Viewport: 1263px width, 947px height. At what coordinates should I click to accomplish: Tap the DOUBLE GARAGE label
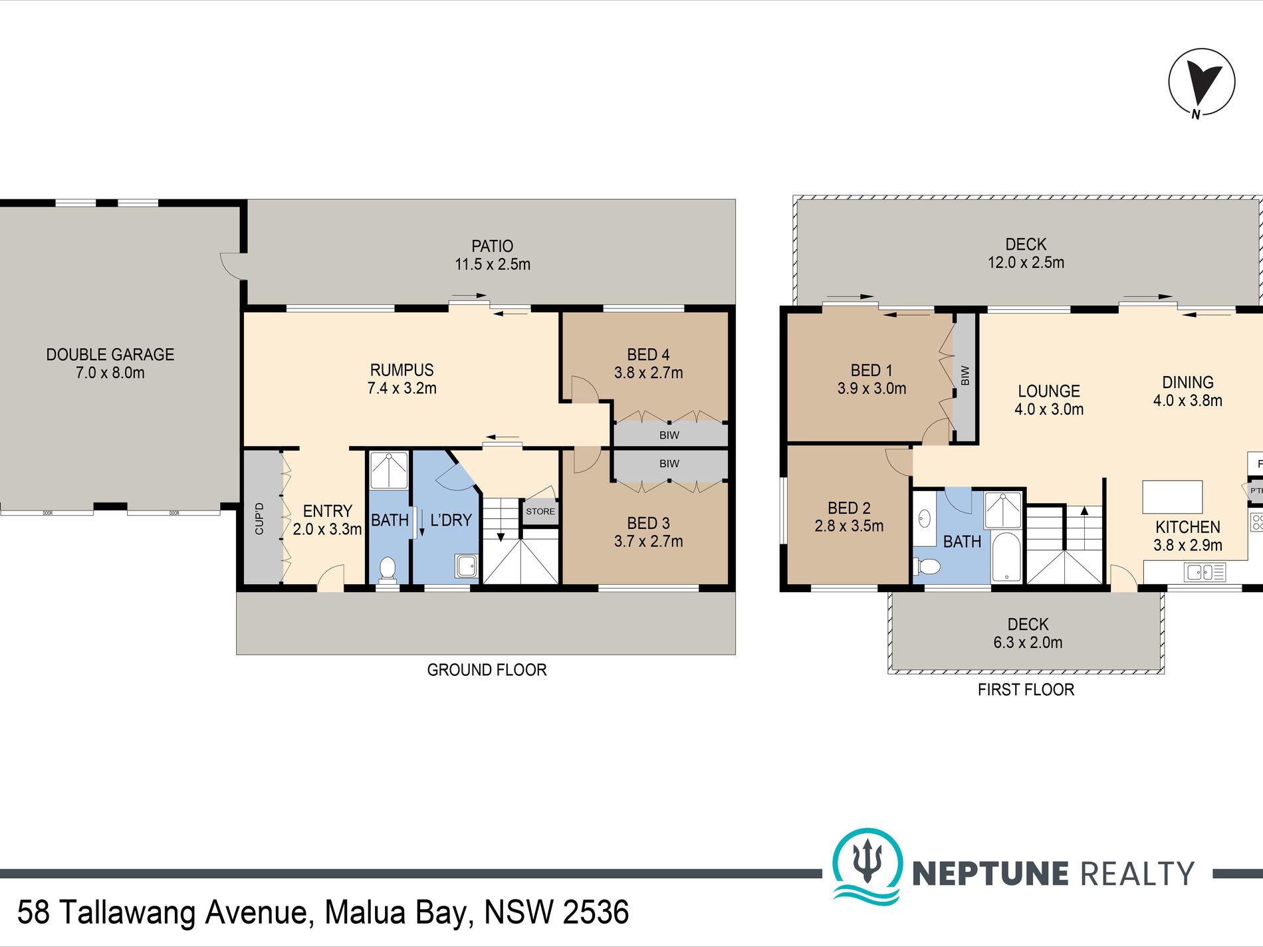[110, 355]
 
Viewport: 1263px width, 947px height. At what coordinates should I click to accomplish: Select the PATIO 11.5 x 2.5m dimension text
[493, 264]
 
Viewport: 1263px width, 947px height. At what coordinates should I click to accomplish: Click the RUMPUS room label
[402, 370]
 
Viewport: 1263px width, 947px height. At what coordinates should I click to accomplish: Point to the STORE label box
[540, 512]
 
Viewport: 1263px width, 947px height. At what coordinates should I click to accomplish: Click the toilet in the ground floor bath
[387, 569]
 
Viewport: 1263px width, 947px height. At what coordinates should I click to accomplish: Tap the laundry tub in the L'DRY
[466, 566]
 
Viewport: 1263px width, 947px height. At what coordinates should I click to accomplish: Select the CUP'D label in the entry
[259, 518]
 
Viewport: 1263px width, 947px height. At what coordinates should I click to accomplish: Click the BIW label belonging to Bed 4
[669, 435]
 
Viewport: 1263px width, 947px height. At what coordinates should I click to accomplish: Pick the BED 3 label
[648, 524]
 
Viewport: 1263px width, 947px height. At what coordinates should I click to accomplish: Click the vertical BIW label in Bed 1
[965, 376]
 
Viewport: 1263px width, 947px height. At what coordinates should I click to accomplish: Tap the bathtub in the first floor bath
[1006, 557]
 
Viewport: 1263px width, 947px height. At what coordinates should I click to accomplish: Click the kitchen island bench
[1172, 497]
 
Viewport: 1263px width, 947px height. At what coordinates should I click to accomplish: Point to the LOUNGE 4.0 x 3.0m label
[1048, 400]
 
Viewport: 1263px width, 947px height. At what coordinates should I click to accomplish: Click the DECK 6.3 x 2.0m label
[1028, 633]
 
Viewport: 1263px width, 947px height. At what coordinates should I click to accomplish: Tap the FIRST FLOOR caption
[1026, 690]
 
